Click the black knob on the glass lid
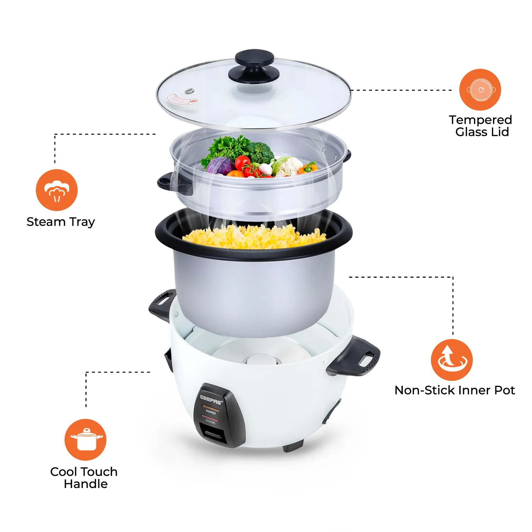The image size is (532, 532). tap(254, 66)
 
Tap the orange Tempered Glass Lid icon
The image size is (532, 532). tap(480, 90)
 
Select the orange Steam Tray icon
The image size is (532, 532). tap(57, 190)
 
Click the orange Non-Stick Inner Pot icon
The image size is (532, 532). tap(451, 360)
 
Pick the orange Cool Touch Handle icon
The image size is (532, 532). tap(85, 440)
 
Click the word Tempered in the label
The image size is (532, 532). tap(480, 120)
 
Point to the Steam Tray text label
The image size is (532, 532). tap(61, 222)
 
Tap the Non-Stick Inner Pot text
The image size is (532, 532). tap(454, 390)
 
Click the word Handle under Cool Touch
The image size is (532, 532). tap(85, 484)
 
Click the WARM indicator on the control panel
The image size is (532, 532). tap(211, 412)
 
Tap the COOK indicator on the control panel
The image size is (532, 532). tap(210, 422)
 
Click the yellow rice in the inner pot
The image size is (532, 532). tap(254, 237)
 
